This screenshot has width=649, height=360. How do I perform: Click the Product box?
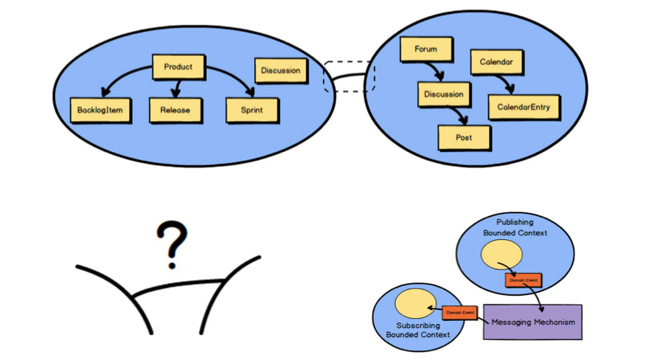tap(178, 66)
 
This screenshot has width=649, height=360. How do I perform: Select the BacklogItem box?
tap(101, 111)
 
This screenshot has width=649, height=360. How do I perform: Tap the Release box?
tap(175, 111)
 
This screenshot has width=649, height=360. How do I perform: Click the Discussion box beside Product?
tap(280, 71)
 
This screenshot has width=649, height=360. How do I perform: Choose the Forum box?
tap(426, 50)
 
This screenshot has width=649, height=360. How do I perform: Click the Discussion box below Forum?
tap(443, 94)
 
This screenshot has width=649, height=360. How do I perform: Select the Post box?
tap(465, 137)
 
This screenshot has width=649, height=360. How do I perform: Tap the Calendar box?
tap(496, 62)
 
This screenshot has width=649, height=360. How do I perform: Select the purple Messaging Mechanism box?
tap(532, 322)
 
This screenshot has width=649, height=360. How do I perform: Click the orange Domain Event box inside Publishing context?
tap(523, 280)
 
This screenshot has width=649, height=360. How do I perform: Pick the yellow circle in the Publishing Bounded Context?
tap(502, 255)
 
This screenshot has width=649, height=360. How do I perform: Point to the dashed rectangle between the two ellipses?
tap(350, 77)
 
